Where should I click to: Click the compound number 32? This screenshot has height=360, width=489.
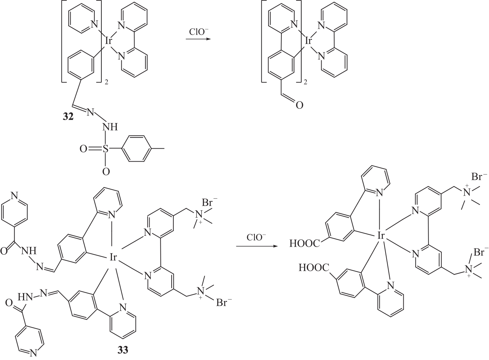click(x=68, y=117)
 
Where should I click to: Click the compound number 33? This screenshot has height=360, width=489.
click(x=123, y=349)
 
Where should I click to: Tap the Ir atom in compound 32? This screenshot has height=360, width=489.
click(x=109, y=41)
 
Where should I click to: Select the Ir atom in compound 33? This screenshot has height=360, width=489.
click(x=113, y=258)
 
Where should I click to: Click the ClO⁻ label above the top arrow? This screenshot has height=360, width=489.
click(x=199, y=32)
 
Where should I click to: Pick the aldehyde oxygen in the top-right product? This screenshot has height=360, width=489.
click(x=299, y=104)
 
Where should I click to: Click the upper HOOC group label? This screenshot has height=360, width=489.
click(x=304, y=243)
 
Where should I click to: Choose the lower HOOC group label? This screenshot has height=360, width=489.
click(x=314, y=268)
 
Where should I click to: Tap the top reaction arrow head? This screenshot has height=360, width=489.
click(x=209, y=39)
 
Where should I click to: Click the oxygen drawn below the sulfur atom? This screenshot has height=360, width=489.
click(x=106, y=171)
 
